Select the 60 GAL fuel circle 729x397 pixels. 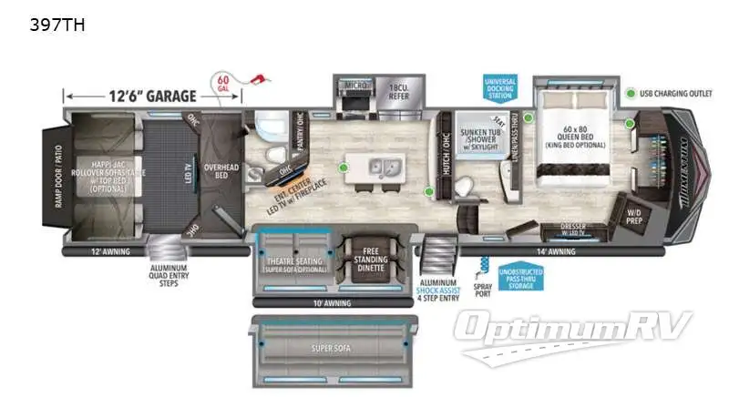point(223,83)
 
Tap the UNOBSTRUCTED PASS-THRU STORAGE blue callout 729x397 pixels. point(522,276)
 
